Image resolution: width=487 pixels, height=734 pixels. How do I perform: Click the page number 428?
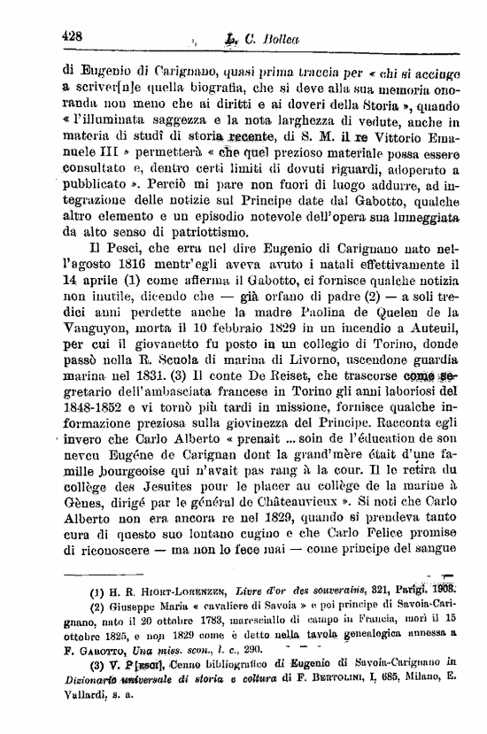tap(72, 36)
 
